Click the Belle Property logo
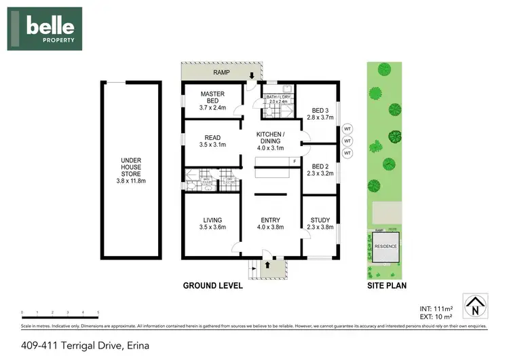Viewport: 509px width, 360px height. (x=45, y=29)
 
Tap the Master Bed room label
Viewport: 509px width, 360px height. (x=213, y=100)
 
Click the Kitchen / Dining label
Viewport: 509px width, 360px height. (x=269, y=140)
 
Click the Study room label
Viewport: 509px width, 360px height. (x=320, y=223)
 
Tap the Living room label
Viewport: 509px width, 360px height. (x=213, y=223)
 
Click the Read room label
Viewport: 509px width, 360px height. (x=213, y=141)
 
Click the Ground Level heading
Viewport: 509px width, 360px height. (x=213, y=286)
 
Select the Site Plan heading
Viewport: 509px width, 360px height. (x=387, y=286)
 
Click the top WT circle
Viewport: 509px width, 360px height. (x=347, y=128)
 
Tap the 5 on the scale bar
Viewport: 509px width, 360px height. (x=98, y=313)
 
